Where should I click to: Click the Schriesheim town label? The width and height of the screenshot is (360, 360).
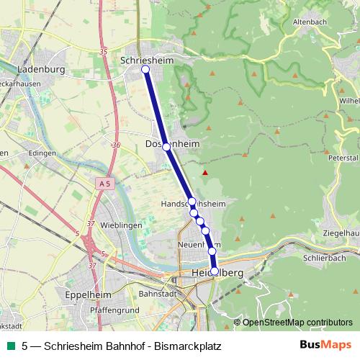click(148, 60)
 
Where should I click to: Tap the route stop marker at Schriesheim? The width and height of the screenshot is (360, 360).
click(145, 69)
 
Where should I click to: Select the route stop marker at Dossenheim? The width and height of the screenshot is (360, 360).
click(166, 146)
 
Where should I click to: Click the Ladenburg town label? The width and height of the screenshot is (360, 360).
click(40, 70)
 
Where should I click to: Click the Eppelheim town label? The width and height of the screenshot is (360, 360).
click(86, 295)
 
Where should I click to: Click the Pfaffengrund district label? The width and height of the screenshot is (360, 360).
click(115, 309)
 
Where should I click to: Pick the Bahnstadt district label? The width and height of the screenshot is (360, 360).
click(157, 294)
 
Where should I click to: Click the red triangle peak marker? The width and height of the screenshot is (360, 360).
click(205, 173)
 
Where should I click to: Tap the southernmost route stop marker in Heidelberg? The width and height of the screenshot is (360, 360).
click(214, 271)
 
